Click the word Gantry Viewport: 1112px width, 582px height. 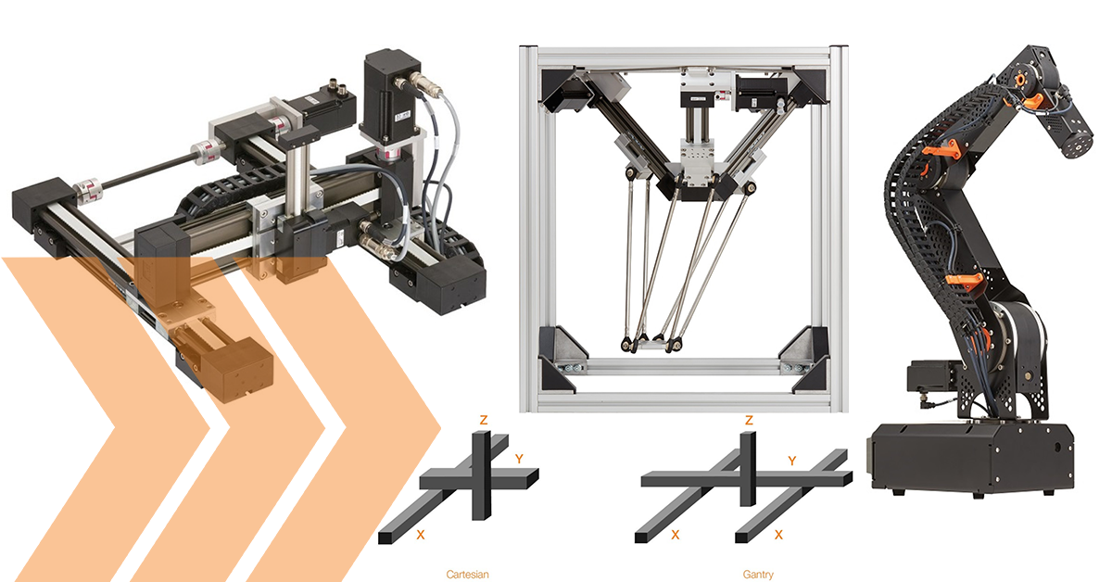click(757, 575)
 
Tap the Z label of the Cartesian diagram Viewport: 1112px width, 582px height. click(483, 420)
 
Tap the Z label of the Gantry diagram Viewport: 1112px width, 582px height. click(748, 420)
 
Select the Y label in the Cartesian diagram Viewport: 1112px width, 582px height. click(519, 458)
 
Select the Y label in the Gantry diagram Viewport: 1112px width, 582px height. click(791, 460)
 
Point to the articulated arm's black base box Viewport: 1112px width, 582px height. click(970, 454)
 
